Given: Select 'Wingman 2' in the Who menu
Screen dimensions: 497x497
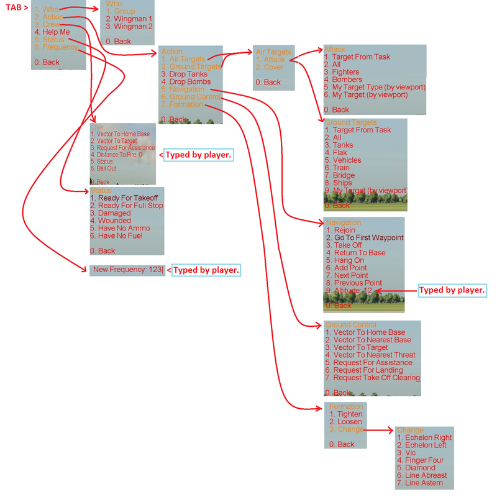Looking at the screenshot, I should (129, 27).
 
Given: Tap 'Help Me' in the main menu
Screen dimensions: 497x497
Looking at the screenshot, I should (52, 32).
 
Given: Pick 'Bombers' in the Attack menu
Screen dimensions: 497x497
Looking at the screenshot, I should (347, 80).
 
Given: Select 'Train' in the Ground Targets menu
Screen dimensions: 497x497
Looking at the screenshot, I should (341, 168).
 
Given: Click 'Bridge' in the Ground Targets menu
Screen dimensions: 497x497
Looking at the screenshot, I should (344, 175).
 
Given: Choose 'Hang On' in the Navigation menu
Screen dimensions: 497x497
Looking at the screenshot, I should (349, 260).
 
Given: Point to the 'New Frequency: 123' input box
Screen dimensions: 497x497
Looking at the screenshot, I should (127, 270).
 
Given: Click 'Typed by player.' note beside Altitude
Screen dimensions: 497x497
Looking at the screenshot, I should (450, 290).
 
